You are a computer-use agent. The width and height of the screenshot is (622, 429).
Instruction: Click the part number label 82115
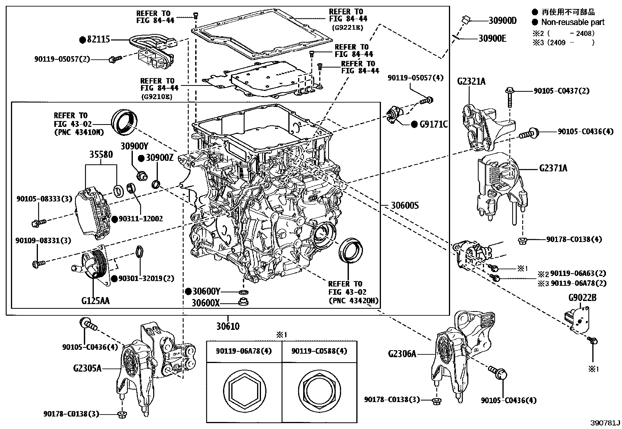(99, 39)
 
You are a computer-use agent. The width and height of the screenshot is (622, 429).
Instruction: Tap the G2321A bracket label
(471, 81)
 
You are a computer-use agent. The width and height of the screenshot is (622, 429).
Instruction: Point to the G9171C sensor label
(433, 125)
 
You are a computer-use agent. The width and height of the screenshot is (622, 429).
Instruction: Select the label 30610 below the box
(227, 326)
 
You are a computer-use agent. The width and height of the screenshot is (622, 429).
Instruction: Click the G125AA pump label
(95, 301)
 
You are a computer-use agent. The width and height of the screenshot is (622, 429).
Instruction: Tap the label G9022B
(582, 298)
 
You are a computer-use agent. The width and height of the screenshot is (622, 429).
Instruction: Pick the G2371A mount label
(553, 168)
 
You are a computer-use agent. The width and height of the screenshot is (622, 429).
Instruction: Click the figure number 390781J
(605, 423)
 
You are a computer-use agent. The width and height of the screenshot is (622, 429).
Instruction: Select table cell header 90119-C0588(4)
(319, 351)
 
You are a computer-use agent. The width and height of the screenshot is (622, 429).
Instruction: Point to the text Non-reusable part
(572, 22)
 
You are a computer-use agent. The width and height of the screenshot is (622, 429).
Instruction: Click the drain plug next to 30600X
(244, 302)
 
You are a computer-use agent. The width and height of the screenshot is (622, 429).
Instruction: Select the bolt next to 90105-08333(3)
(38, 223)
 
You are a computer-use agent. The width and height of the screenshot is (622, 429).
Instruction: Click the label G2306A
(402, 354)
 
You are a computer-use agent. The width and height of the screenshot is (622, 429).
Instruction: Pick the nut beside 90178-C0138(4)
(521, 239)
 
